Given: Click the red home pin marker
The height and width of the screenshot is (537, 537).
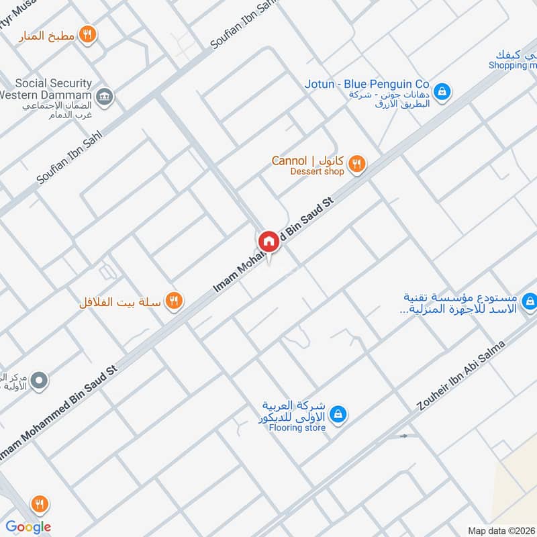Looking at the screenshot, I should coord(268,241).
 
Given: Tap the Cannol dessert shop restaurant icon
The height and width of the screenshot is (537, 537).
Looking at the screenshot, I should coord(358,163).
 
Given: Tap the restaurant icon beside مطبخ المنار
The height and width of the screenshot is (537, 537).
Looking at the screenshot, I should coord(87,34).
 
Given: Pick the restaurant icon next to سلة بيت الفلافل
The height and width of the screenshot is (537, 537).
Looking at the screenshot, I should coord(174,301).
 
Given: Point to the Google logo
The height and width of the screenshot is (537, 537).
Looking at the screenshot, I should coord(28,527).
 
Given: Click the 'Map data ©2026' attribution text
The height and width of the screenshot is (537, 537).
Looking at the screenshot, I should coord(501,531).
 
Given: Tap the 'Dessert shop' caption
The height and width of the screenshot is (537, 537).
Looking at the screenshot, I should coord(317,172).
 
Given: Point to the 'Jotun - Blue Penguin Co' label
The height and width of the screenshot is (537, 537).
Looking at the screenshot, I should coord(367,84).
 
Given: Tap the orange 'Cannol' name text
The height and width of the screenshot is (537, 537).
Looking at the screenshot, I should coord(289,161).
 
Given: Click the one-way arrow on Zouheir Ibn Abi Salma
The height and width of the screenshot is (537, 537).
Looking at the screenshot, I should coord(403,436).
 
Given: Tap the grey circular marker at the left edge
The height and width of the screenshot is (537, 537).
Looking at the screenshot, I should coord(40,381).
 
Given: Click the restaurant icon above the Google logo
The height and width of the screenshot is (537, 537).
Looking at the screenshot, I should coord(40,503).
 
